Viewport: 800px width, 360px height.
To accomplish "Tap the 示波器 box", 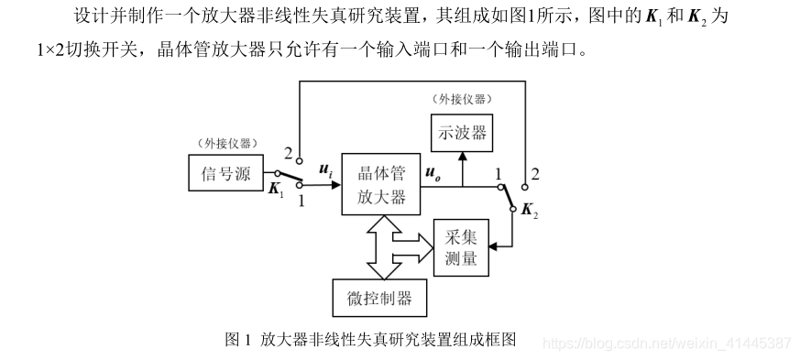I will click(461, 134).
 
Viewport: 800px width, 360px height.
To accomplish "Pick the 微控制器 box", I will click(378, 298).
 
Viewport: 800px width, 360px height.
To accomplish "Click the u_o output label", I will click(433, 170).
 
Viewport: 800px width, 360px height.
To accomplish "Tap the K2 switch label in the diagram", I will click(529, 211).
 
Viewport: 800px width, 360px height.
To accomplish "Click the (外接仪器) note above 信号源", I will click(226, 143).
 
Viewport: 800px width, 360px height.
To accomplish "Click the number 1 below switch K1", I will click(301, 201).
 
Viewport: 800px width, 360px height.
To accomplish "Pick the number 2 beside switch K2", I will click(536, 173).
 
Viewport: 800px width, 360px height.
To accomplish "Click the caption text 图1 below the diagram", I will click(238, 339).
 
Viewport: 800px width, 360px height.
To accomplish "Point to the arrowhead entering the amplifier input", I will click(335, 183).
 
